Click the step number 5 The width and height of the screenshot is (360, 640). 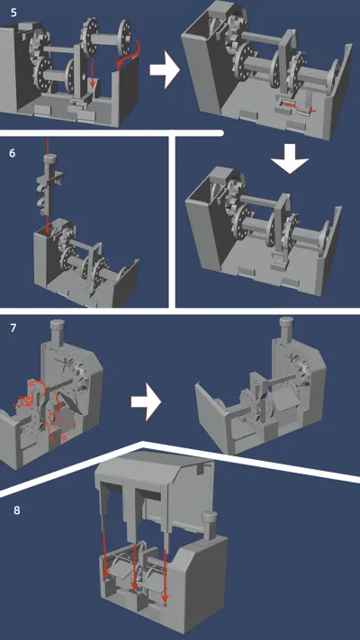tap(13, 13)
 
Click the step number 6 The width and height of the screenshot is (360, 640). tap(13, 154)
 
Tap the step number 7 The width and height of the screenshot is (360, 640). tap(13, 328)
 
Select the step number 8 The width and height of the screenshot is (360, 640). tap(17, 509)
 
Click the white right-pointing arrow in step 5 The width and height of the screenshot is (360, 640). tap(165, 70)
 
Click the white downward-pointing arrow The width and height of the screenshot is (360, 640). tap(290, 159)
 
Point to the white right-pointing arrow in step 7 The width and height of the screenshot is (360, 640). tap(146, 402)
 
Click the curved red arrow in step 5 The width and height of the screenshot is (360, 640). tap(132, 53)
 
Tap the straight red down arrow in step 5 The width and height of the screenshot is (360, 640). tap(93, 73)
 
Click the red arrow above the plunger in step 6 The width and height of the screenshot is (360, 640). tap(49, 146)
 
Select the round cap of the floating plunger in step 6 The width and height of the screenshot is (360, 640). tap(49, 158)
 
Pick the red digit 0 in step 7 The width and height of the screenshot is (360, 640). tap(64, 437)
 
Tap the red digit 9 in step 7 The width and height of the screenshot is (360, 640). tap(52, 437)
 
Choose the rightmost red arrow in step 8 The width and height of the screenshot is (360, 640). tap(165, 574)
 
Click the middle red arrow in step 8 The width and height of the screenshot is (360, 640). tap(134, 565)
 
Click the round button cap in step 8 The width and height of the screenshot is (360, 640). tap(209, 517)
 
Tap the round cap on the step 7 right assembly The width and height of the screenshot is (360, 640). tap(286, 323)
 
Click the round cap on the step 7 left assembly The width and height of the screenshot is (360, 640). tap(57, 325)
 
